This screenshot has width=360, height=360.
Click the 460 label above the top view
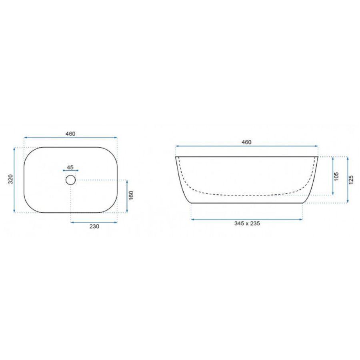pyautogui.click(x=70, y=134)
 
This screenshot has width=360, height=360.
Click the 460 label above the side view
pyautogui.click(x=246, y=142)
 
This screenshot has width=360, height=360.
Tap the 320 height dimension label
pyautogui.click(x=10, y=179)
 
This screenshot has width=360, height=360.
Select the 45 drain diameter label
pyautogui.click(x=70, y=167)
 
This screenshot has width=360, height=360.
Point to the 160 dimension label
pyautogui.click(x=131, y=195)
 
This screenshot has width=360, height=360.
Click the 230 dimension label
pyautogui.click(x=94, y=226)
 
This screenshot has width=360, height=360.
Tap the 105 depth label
pyautogui.click(x=336, y=176)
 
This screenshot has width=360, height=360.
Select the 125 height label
pyautogui.click(x=351, y=180)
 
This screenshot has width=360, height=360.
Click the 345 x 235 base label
pyautogui.click(x=247, y=223)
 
